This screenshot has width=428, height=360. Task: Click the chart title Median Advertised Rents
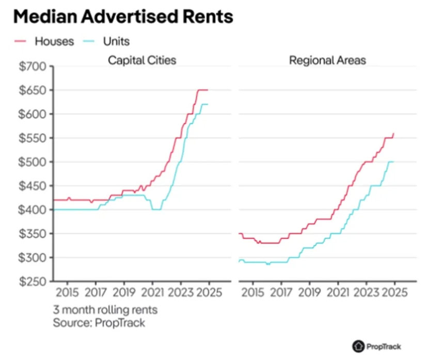pos(123,17)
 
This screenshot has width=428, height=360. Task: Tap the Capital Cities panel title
pos(142,60)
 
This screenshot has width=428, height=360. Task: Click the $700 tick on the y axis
pos(34,67)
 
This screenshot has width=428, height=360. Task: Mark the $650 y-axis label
pos(34,90)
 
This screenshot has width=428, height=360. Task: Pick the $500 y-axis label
pos(34,162)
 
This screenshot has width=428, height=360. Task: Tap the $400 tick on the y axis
pos(34,210)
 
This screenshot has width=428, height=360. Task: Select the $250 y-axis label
pos(34,282)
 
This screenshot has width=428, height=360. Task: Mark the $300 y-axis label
pos(34,258)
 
